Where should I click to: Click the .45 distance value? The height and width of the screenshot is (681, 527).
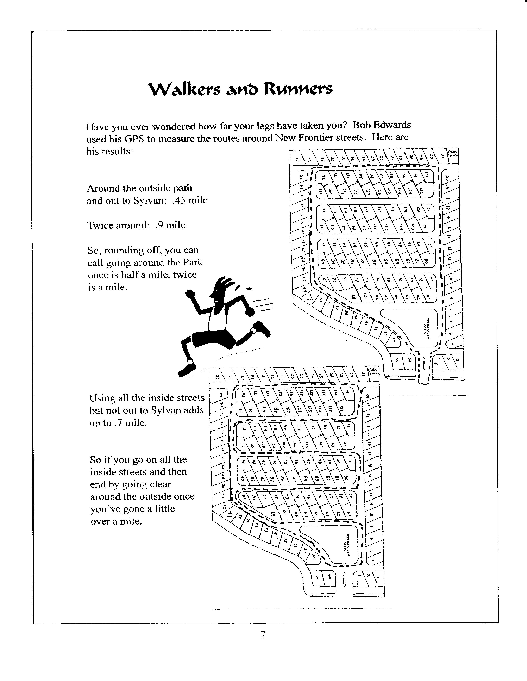pyautogui.click(x=179, y=200)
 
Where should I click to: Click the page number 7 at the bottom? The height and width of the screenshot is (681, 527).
pyautogui.click(x=263, y=634)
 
